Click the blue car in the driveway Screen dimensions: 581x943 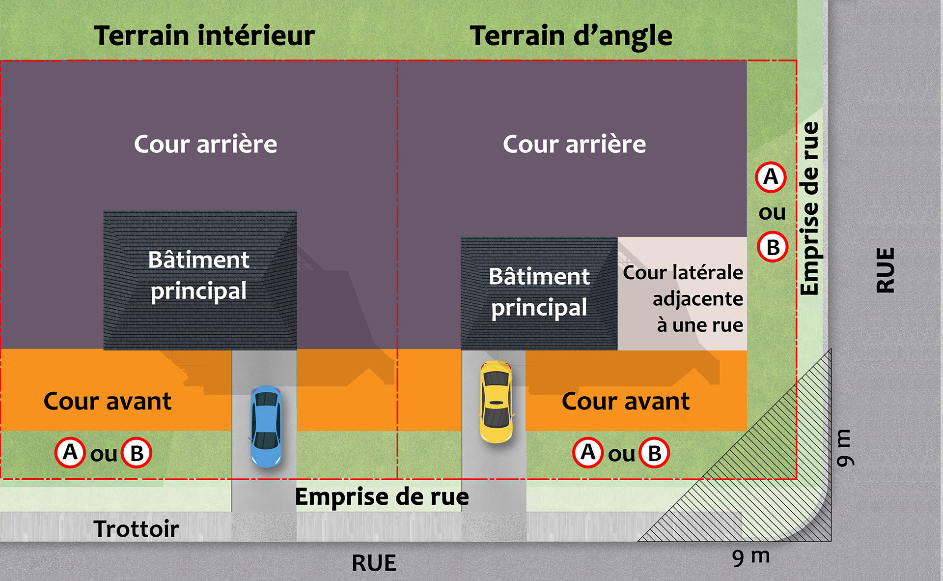[x=266, y=426]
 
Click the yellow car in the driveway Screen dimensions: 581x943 [x=496, y=401]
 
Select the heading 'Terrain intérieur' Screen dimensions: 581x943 [x=204, y=36]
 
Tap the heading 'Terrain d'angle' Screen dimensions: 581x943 [x=571, y=36]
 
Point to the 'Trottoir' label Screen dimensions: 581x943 [x=136, y=529]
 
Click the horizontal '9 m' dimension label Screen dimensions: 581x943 [x=750, y=557]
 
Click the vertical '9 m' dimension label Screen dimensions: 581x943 [x=845, y=447]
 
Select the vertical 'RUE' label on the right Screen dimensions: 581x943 [x=886, y=270]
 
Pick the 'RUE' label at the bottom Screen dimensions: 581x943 [x=374, y=563]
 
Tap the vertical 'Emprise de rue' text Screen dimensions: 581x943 [x=809, y=208]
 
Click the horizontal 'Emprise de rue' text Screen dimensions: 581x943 [x=382, y=496]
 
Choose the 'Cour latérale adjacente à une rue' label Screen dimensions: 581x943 [x=683, y=298]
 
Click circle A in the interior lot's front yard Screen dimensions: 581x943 [x=70, y=452]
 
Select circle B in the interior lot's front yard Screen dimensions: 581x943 [x=137, y=453]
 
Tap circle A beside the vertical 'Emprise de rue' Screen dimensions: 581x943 [x=771, y=177]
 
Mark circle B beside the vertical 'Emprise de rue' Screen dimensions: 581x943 [x=773, y=247]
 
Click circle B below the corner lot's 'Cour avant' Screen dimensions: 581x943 [x=654, y=453]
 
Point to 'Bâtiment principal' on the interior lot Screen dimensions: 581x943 [x=199, y=275]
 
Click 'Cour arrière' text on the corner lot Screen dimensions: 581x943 [x=574, y=144]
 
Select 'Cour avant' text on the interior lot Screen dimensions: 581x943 [x=108, y=401]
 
